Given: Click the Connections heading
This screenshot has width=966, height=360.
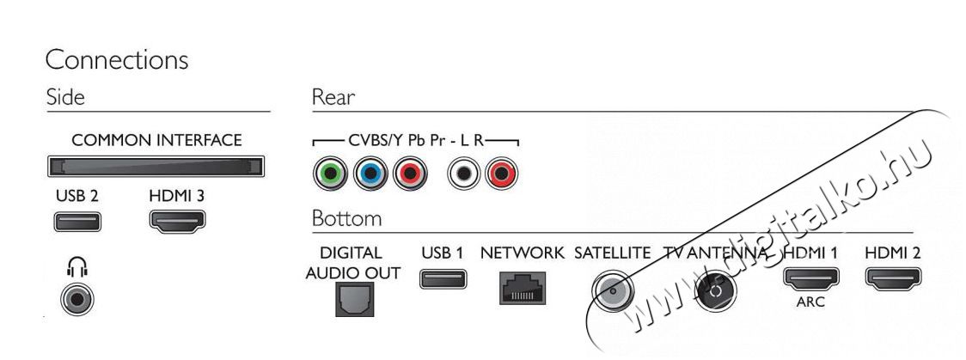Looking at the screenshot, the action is point(116,60).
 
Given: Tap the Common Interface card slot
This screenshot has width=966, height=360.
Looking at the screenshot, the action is point(156,167).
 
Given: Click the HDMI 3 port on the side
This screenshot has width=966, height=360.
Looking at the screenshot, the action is point(177,221).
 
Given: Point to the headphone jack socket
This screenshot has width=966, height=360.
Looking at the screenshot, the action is point(77,300).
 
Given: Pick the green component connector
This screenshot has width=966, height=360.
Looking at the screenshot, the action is point(330,174).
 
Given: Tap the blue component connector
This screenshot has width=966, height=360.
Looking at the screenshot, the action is point(370,174).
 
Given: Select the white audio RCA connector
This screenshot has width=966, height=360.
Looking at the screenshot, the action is point(464,174).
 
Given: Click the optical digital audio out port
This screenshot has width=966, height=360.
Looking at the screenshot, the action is point(354,299).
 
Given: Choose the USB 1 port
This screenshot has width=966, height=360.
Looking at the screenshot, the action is point(443,278).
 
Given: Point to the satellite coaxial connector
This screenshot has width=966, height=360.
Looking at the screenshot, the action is point(613,289).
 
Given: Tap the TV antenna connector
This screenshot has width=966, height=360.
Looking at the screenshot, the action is point(715,290).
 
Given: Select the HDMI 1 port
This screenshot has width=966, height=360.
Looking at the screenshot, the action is point(810,278).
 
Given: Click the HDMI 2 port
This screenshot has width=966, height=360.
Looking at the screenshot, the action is point(893,278).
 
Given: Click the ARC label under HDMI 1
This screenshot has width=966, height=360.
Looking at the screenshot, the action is point(810,302).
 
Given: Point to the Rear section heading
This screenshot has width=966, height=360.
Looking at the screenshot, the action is point(333,97).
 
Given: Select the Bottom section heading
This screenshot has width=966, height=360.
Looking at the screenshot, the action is point(347,218).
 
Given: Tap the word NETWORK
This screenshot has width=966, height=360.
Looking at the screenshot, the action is point(522,253).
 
